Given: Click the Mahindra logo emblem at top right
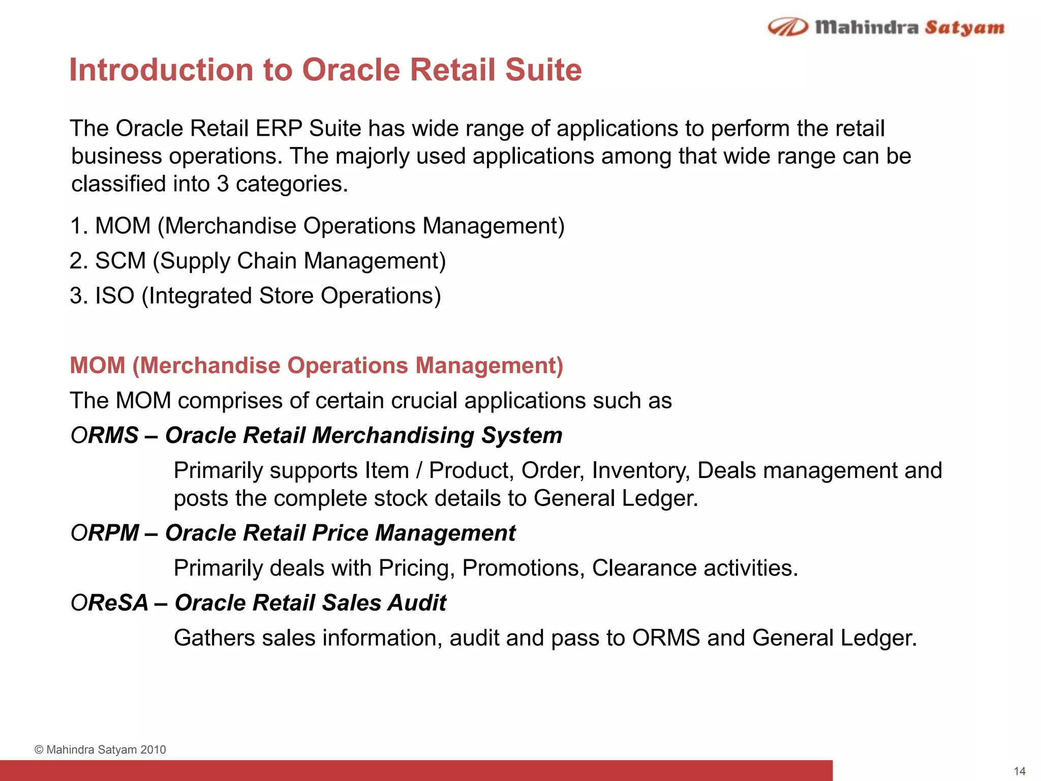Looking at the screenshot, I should [x=787, y=27].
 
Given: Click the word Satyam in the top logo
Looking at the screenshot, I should [x=964, y=27].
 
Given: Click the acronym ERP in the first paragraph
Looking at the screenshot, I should [x=279, y=128].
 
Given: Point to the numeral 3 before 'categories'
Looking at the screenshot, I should [x=222, y=184].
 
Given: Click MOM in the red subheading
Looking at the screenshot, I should [x=98, y=366].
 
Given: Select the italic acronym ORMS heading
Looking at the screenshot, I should [x=105, y=436].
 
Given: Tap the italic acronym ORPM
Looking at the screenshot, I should [x=105, y=533].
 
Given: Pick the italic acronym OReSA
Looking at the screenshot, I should [x=109, y=603].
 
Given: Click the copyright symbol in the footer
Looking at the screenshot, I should [x=39, y=750].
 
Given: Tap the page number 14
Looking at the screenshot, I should [x=1019, y=771].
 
